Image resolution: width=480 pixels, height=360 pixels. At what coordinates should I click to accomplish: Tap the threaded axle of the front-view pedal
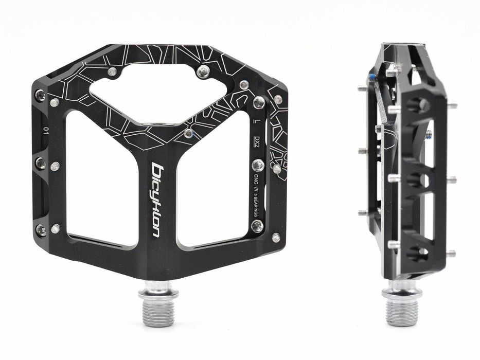click(158, 307)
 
